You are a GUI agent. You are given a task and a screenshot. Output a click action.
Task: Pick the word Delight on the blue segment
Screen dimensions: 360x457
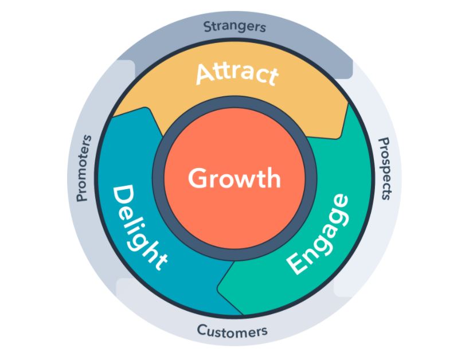click(138, 226)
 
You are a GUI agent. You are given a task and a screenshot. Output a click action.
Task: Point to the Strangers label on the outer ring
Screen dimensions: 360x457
click(235, 26)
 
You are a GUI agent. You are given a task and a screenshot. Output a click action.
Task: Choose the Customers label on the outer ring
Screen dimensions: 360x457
click(232, 331)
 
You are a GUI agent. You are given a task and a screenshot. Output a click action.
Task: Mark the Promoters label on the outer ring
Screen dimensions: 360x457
click(84, 168)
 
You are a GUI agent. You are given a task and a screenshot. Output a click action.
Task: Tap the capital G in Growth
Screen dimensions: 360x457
click(197, 178)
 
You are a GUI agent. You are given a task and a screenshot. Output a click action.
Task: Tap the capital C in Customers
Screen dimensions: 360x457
click(202, 330)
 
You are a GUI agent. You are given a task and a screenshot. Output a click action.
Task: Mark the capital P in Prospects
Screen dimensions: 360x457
click(385, 142)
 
